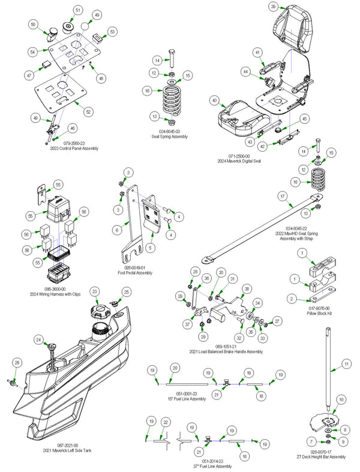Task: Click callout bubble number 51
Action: tap(78, 11)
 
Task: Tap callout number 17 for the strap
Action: tap(281, 196)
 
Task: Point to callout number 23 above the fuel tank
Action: tap(94, 291)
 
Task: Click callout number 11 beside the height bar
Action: tap(346, 364)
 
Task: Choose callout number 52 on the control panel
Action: tap(88, 112)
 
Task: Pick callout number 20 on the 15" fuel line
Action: tap(175, 366)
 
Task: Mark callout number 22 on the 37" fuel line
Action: tap(166, 423)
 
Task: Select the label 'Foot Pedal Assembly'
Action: tap(135, 272)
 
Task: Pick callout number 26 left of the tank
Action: tap(16, 362)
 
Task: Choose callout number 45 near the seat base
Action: tap(304, 119)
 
